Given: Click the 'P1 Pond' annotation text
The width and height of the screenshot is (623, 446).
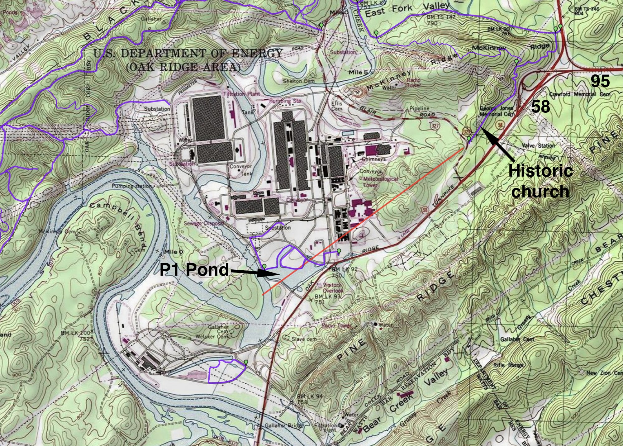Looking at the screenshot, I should tap(194, 269).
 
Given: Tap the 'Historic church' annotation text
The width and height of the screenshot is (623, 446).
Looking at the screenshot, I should tap(540, 181).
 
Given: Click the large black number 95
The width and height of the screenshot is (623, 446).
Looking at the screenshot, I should tap(600, 82).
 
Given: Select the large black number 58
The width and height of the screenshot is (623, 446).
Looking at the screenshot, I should tap(540, 107).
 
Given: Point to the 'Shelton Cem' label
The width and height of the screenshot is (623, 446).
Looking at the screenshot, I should tap(298, 81).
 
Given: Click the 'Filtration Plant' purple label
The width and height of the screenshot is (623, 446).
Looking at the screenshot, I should tap(241, 94).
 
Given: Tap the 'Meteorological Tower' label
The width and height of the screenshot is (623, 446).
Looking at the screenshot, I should tap(380, 182).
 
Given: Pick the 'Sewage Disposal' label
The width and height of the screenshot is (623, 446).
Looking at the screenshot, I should tap(204, 224).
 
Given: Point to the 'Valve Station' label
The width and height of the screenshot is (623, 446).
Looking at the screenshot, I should tap(538, 145).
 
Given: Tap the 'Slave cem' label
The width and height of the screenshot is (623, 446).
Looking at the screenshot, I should tap(304, 339).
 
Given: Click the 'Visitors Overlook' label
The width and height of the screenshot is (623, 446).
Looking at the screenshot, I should tap(332, 287).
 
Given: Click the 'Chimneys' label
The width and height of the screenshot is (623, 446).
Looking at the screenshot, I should tap(373, 159).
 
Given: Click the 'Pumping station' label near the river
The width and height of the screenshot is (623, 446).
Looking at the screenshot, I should tap(132, 186).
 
